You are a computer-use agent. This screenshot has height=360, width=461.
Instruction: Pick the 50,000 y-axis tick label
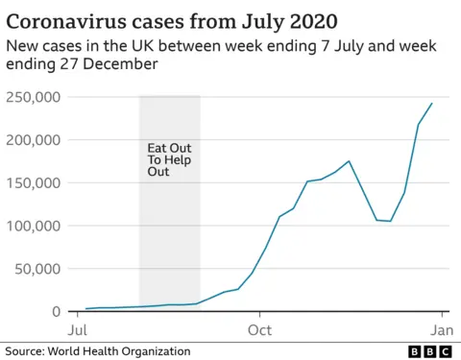[39, 269]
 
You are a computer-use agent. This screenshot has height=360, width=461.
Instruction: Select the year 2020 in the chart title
[310, 19]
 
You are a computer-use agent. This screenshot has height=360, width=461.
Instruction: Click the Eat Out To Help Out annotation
[169, 159]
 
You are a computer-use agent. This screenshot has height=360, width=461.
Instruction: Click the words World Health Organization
[122, 351]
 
